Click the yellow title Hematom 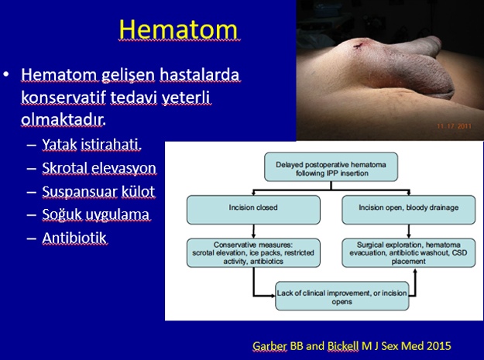point(178,29)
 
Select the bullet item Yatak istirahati point(91,144)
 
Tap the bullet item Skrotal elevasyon point(99,168)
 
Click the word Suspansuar point(80,191)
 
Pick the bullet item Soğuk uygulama point(96,214)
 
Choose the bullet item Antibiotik point(74,238)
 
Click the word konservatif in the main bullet point(64,98)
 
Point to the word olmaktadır point(64,120)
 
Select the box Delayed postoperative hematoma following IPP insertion point(331,167)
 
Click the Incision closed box point(253,210)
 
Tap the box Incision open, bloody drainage point(409,210)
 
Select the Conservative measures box point(253,253)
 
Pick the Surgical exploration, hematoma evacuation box point(409,253)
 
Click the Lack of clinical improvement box point(342,296)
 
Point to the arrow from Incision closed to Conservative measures point(253,231)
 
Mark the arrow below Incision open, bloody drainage point(409,231)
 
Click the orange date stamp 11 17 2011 point(454,126)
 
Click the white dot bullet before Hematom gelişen point(6,74)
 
